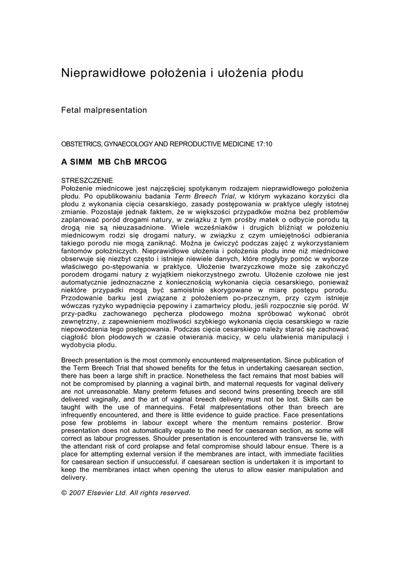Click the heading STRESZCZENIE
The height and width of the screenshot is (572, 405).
click(x=87, y=180)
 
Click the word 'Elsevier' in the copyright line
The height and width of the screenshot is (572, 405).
click(x=107, y=493)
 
